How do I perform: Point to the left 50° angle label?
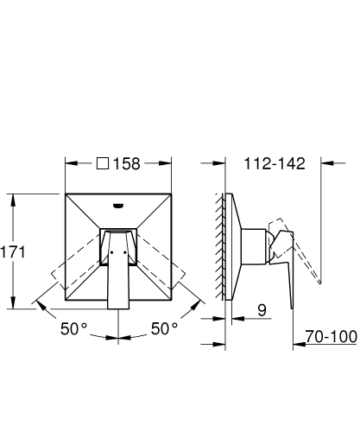[x=74, y=328]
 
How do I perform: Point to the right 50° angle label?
[x=164, y=328]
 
